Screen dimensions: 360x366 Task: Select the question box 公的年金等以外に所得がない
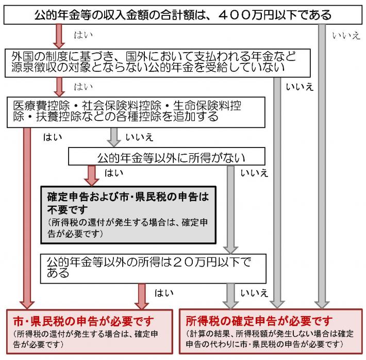click(167, 157)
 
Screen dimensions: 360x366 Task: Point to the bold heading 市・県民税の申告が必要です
click(83, 321)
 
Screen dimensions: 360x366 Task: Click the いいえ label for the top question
click(346, 36)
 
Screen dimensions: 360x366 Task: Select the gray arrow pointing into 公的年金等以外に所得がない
click(113, 136)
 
